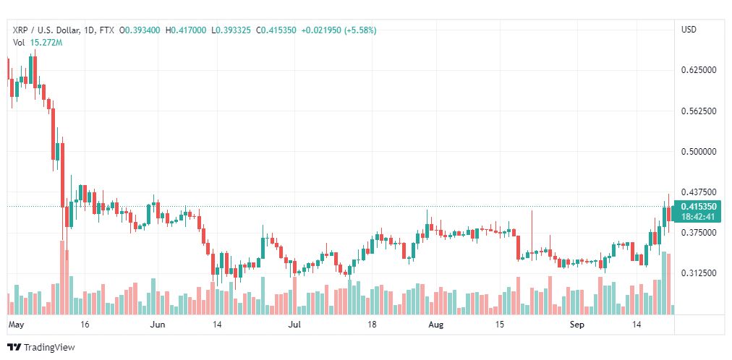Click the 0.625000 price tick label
[x=698, y=70]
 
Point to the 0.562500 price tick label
[x=698, y=111]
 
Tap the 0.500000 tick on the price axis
[x=698, y=152]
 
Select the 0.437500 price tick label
[x=698, y=192]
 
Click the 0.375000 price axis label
[x=698, y=233]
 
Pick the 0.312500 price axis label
[x=698, y=273]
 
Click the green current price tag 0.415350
[x=697, y=207]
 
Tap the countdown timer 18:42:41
[x=697, y=216]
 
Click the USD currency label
[x=689, y=30]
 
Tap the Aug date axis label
[x=435, y=325]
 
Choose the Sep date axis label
[x=576, y=325]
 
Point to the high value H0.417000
[x=186, y=30]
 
